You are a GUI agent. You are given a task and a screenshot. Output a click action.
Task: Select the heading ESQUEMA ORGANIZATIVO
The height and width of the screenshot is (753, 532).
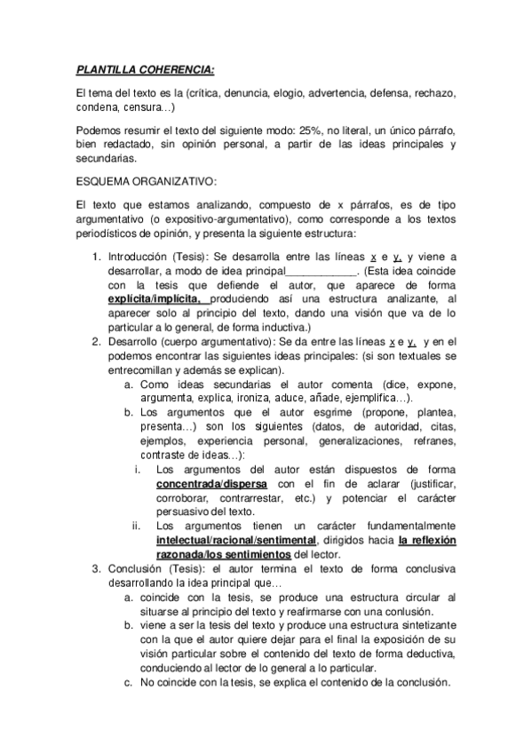pos(146,181)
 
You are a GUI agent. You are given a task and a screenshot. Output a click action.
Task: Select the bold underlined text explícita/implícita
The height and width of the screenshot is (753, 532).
pos(156,299)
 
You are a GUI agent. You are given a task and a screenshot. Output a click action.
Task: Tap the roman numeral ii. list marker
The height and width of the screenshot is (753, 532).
pos(138,526)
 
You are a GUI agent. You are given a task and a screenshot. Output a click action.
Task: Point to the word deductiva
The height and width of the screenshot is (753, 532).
pos(406,654)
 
